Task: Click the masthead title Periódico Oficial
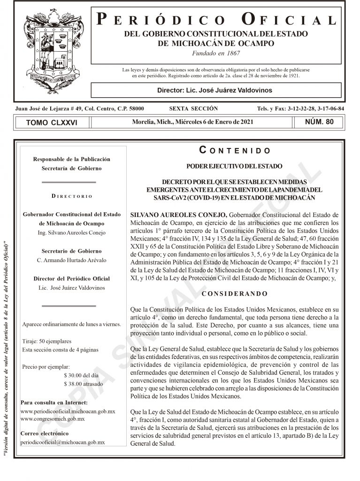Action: [216, 20]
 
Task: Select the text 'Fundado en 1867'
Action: [216, 53]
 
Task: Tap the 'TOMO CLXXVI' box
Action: [52, 122]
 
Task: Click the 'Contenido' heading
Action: [235, 151]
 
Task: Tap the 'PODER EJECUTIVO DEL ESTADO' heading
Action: [235, 166]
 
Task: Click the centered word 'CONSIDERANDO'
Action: [235, 294]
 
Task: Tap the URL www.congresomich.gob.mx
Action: [53, 419]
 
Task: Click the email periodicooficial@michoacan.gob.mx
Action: [63, 442]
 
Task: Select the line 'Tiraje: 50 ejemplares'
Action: [47, 341]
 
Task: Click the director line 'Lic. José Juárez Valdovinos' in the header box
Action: [215, 90]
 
